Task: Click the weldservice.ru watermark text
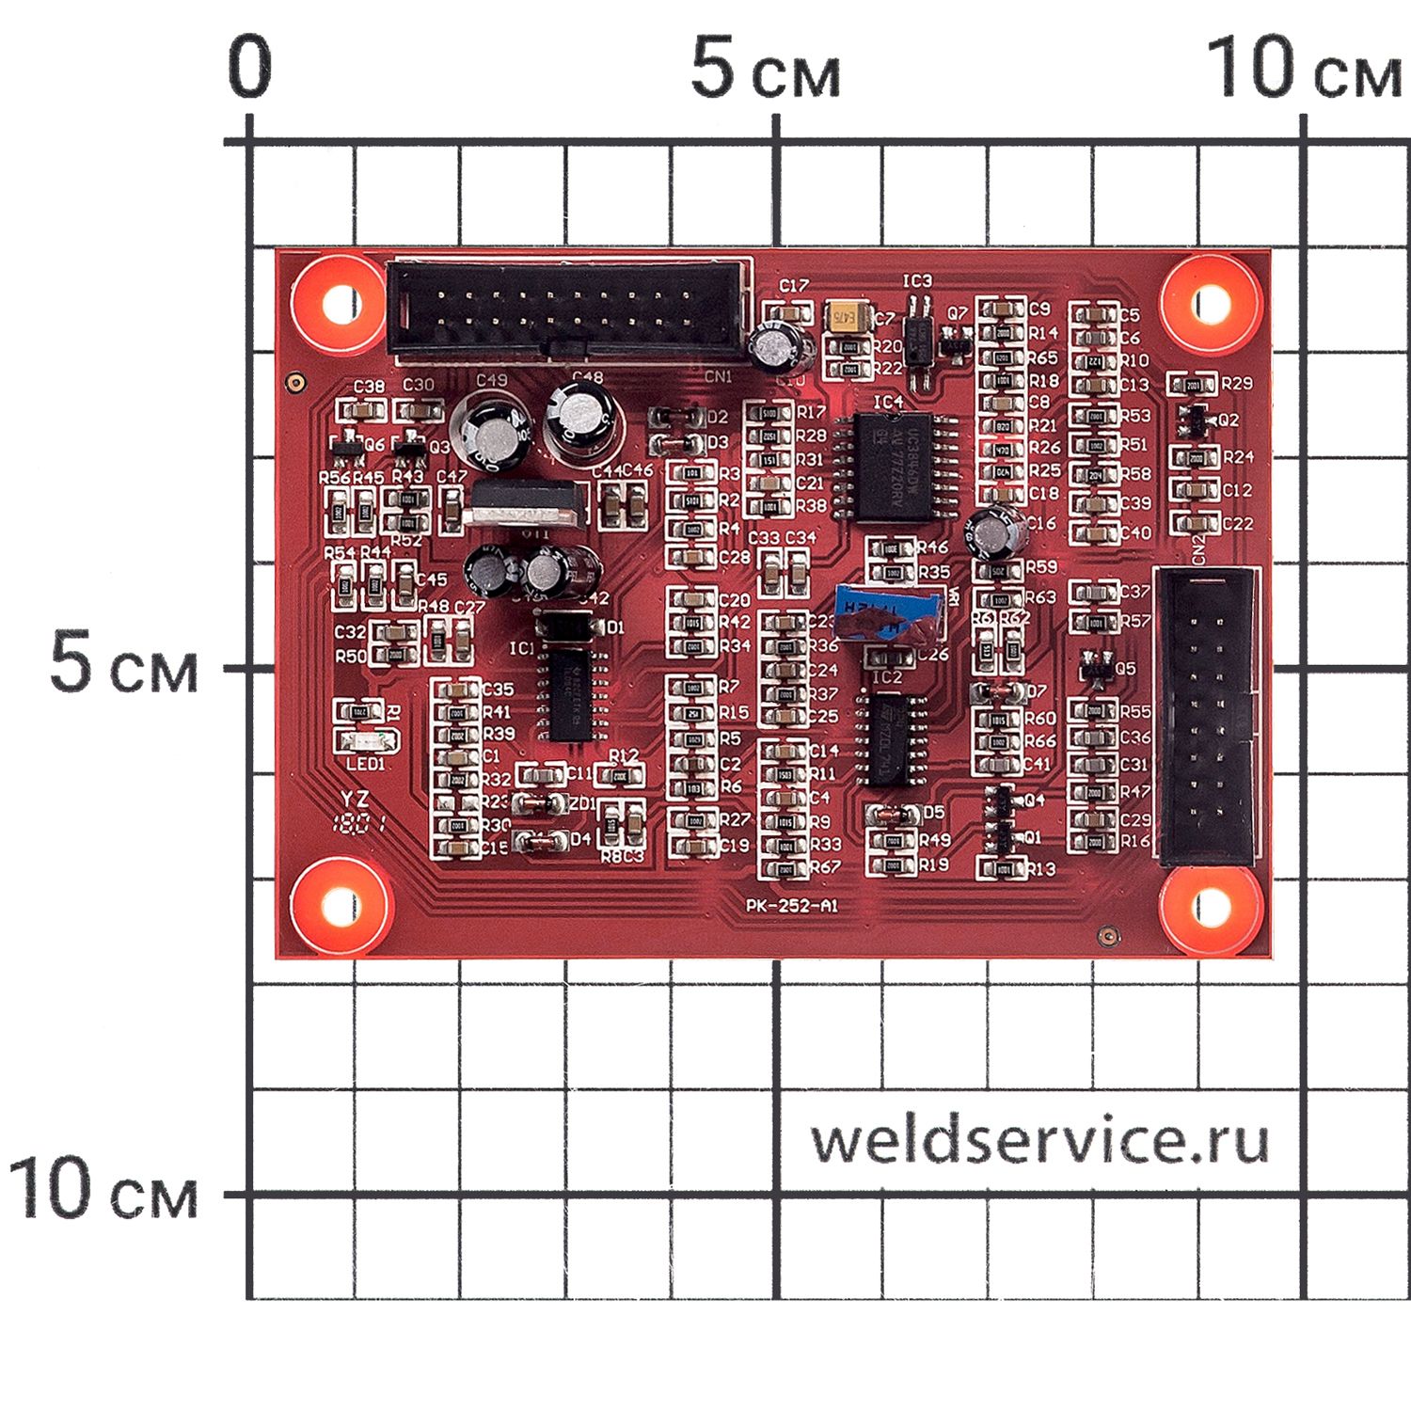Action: (x=1039, y=1140)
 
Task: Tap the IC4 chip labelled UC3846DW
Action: (x=893, y=467)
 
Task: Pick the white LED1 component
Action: (x=368, y=741)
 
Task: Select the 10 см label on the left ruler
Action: (x=103, y=1191)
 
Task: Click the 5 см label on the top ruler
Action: (x=765, y=71)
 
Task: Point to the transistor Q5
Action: (x=1094, y=667)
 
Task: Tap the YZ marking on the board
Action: (x=355, y=800)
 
